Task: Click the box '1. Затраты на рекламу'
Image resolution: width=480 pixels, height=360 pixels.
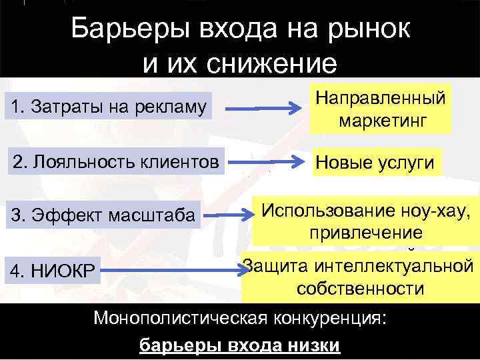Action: click(x=108, y=106)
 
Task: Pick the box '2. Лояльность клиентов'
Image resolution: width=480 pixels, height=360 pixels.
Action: click(x=113, y=161)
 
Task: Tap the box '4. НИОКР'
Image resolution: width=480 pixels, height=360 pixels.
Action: click(x=51, y=271)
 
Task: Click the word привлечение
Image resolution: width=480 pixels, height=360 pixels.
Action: click(x=365, y=233)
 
